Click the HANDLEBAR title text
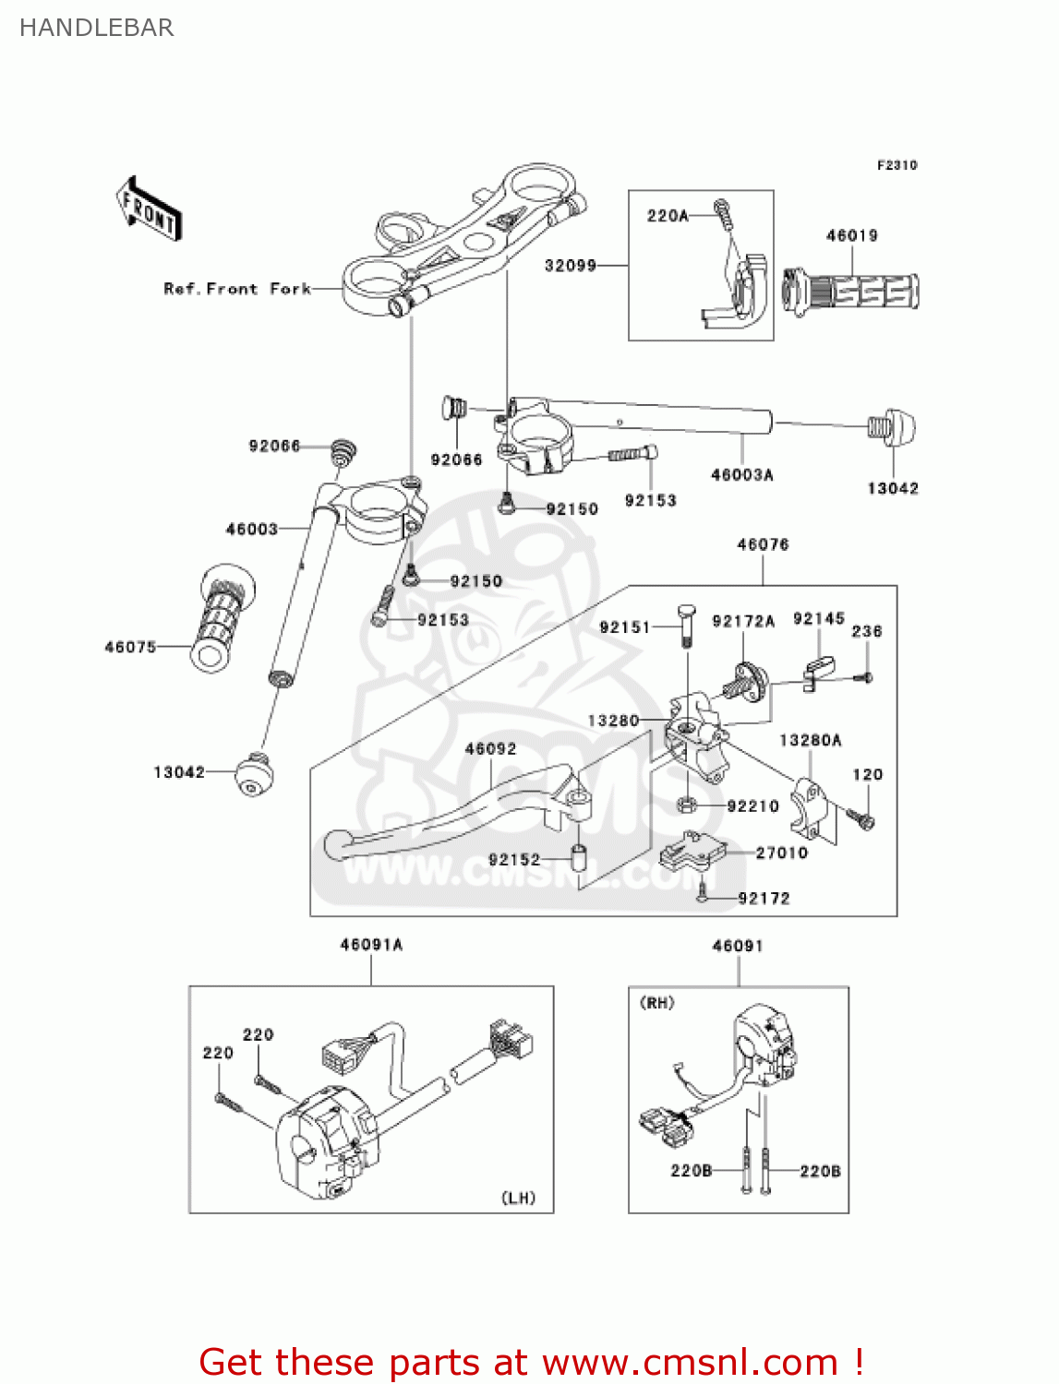tap(96, 28)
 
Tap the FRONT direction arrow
tap(149, 209)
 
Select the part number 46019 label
tap(851, 235)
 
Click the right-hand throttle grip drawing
tap(850, 291)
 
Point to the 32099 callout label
tap(570, 266)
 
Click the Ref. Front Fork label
tap(236, 289)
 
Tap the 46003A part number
tap(741, 475)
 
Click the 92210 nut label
tap(752, 806)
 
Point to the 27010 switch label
tap(781, 853)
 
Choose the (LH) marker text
tap(518, 1198)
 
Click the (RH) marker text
tap(656, 1003)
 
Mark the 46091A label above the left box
tap(371, 945)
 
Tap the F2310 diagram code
tap(897, 165)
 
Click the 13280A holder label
tap(810, 740)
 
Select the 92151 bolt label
tap(625, 627)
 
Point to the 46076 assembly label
tap(763, 544)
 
